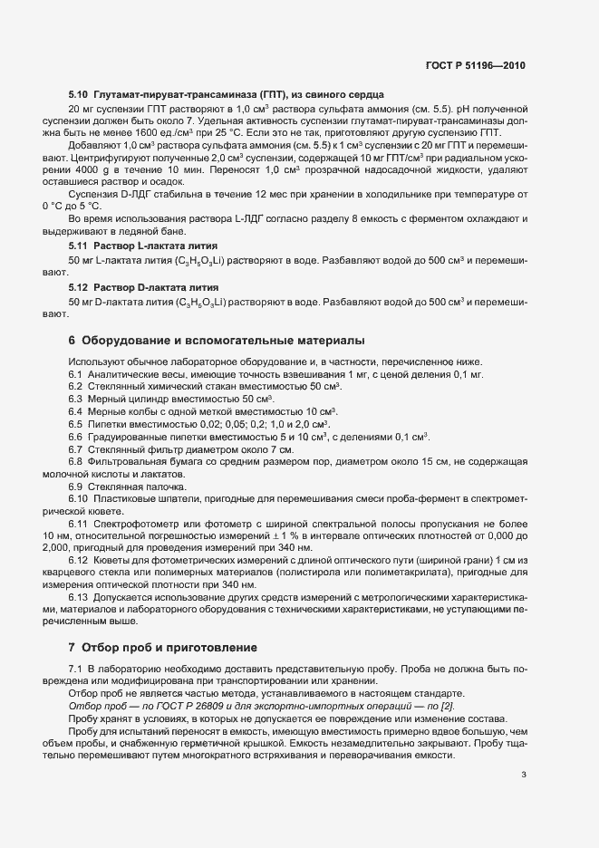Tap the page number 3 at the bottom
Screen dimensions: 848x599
[x=524, y=773]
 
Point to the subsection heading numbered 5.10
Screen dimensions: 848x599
[x=77, y=94]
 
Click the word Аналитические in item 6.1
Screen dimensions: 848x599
[x=126, y=373]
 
